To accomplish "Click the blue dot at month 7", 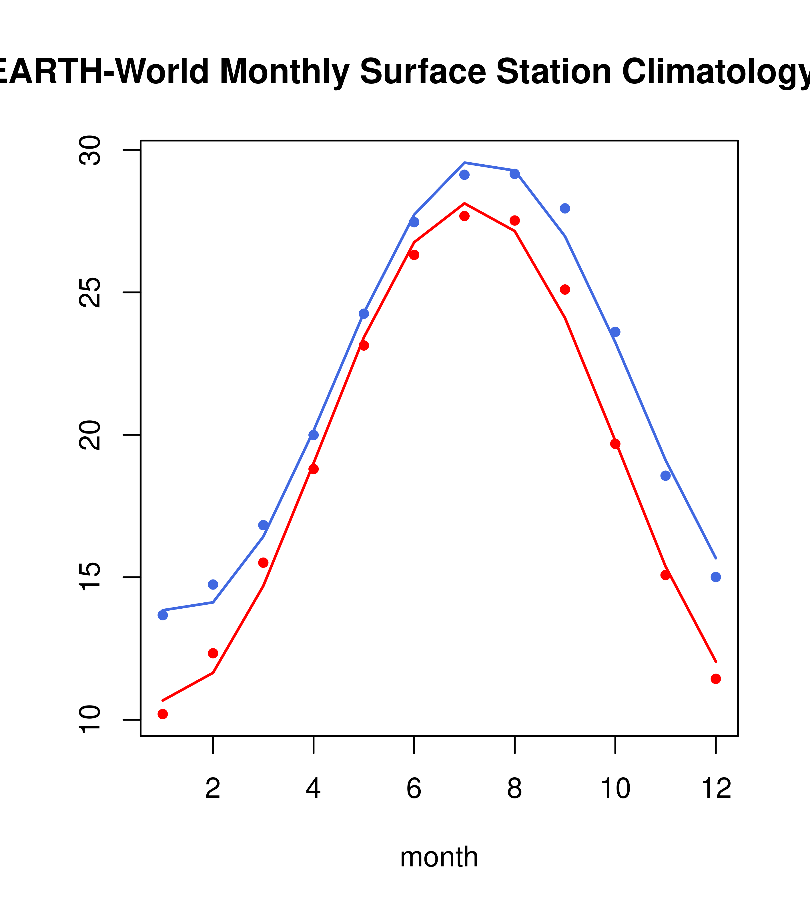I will [x=464, y=175].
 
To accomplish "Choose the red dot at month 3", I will [x=264, y=562].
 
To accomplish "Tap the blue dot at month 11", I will [x=665, y=476].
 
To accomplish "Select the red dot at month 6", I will [x=414, y=255].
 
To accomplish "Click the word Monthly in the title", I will [x=284, y=72].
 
